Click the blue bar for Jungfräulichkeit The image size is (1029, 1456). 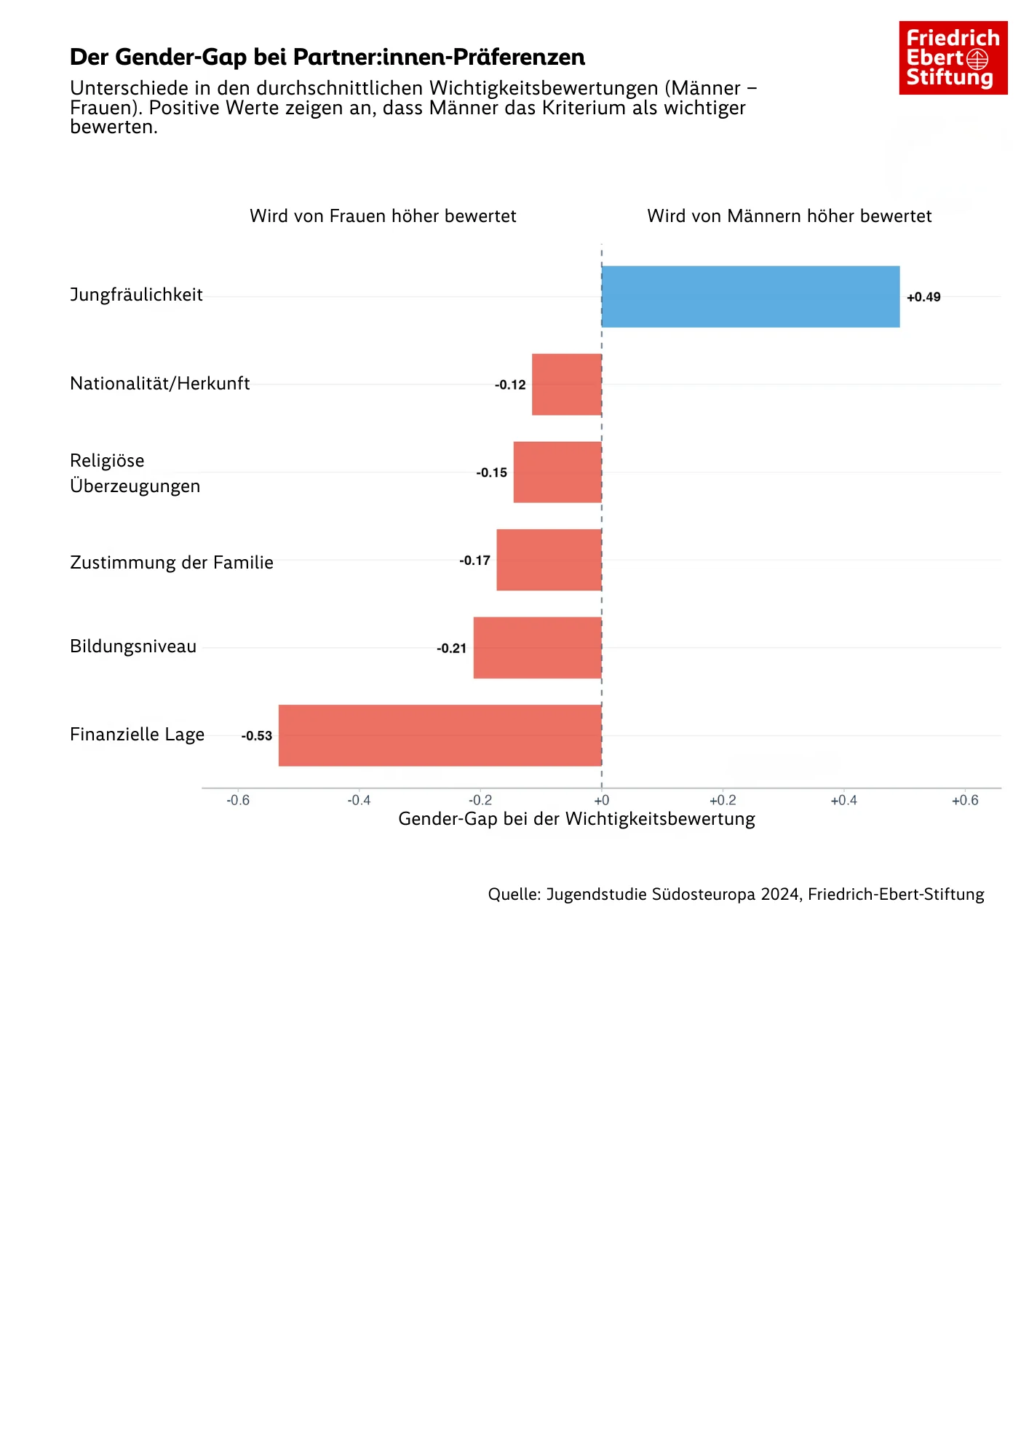750,296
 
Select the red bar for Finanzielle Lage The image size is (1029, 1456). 440,735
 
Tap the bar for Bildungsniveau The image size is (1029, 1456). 537,648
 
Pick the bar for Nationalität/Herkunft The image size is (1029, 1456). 566,384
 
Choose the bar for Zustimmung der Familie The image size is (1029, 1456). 549,560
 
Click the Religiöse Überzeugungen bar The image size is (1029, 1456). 557,472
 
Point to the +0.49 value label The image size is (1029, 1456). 923,297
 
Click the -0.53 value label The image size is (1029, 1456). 257,736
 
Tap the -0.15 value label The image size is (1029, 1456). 492,472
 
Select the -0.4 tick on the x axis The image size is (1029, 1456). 359,800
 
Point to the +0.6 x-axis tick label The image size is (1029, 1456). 965,800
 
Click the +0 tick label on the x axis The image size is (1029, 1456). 601,800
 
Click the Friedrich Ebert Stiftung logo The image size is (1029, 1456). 953,58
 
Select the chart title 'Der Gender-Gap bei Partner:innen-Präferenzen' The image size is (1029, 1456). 327,57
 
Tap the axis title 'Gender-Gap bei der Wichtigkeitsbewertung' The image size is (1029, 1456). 576,819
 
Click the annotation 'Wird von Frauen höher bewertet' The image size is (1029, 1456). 383,216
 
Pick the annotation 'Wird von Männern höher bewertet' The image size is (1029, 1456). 789,216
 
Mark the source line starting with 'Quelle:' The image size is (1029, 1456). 736,894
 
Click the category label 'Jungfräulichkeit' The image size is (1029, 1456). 136,295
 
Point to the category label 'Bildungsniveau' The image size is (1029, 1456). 133,646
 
